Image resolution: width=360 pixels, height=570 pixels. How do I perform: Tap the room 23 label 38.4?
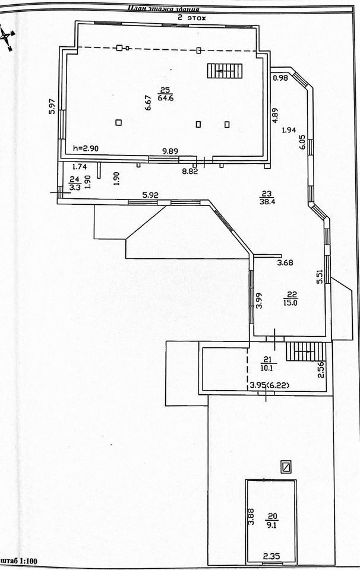coord(266,201)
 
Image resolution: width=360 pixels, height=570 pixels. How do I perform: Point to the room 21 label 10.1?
coord(266,366)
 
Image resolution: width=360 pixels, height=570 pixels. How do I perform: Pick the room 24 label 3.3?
coord(74,188)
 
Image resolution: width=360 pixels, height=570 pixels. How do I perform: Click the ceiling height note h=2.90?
coord(85,148)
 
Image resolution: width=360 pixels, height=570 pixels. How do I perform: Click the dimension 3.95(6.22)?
coord(269,385)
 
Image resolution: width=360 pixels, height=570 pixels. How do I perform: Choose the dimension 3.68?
coord(286,262)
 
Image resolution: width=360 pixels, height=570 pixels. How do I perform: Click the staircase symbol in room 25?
coord(225,71)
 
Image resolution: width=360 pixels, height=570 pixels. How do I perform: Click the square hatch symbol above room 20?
coord(287,467)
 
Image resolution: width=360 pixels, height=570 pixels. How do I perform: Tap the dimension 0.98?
coord(280,78)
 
